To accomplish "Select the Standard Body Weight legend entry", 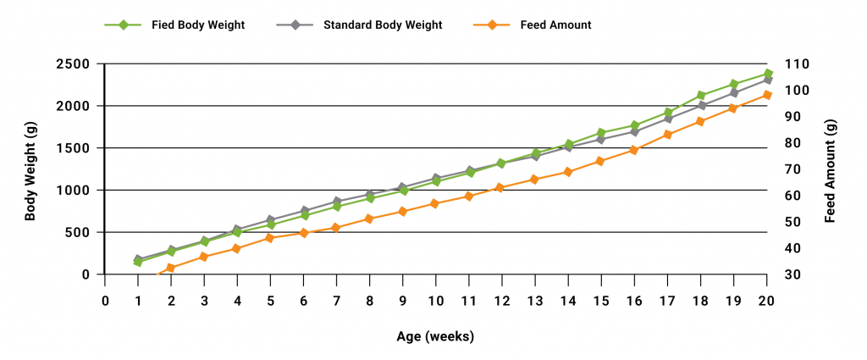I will (x=382, y=25).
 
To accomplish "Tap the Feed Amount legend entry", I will (x=555, y=25).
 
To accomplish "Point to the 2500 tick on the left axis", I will (x=75, y=64).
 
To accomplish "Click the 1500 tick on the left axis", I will (x=75, y=148).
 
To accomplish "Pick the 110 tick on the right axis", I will (x=798, y=64).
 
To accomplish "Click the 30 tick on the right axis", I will (x=794, y=274).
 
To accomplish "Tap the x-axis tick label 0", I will (x=106, y=300).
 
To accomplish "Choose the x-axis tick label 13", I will (x=535, y=300).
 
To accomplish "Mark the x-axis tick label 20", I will (x=766, y=300).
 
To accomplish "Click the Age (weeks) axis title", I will (x=435, y=336).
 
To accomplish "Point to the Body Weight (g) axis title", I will (x=30, y=169).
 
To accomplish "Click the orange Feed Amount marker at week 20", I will (x=767, y=95).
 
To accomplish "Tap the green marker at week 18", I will (x=701, y=96).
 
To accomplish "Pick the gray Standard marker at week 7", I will (x=337, y=202).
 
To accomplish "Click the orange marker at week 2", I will (x=171, y=268).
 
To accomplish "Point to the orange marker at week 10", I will (x=435, y=203).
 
